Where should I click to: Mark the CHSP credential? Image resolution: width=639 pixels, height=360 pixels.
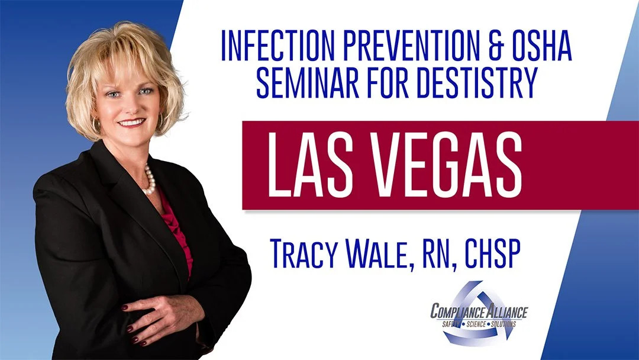pos(493,253)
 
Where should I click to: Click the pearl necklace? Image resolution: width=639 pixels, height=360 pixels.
pos(149,181)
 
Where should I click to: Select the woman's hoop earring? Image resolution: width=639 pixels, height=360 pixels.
pos(96,126)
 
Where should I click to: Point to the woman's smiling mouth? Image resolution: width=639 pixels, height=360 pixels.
pos(131,123)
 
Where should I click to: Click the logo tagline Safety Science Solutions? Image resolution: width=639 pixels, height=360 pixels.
pos(480,324)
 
